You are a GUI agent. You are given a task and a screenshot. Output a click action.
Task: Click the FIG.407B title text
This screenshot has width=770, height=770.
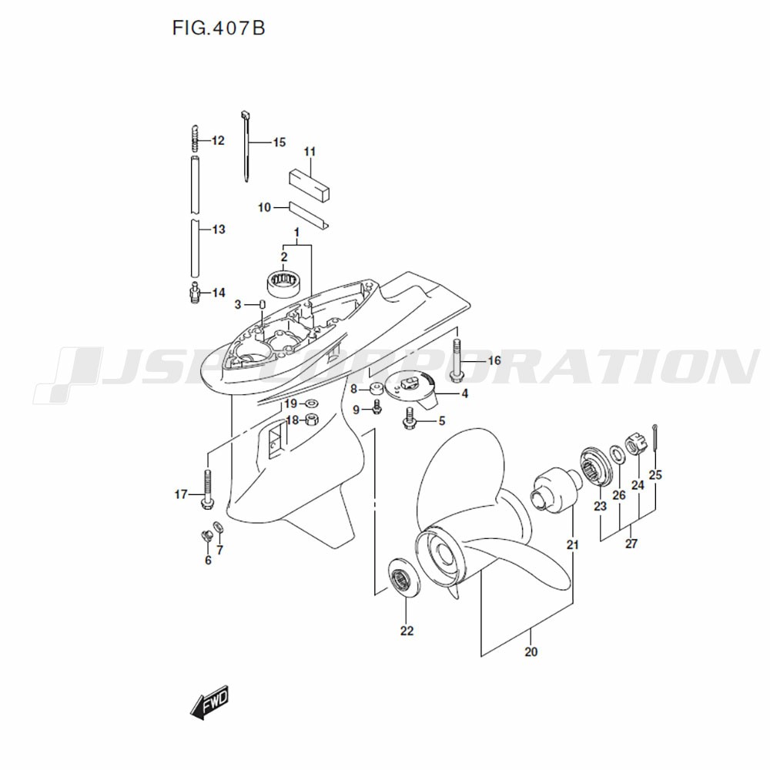coord(219,28)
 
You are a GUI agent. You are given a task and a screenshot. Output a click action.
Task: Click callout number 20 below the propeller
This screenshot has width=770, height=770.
coord(531,652)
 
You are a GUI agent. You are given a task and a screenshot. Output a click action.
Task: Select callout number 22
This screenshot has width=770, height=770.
coord(407,631)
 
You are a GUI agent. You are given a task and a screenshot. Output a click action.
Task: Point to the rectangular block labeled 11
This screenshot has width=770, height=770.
coord(309,179)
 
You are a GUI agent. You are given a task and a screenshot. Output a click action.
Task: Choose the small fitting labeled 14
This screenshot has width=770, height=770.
coord(196,293)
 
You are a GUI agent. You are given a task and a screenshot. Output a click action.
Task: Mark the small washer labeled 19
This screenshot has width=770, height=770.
coord(311,403)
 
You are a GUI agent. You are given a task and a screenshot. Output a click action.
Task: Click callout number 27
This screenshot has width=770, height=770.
coord(631,544)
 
